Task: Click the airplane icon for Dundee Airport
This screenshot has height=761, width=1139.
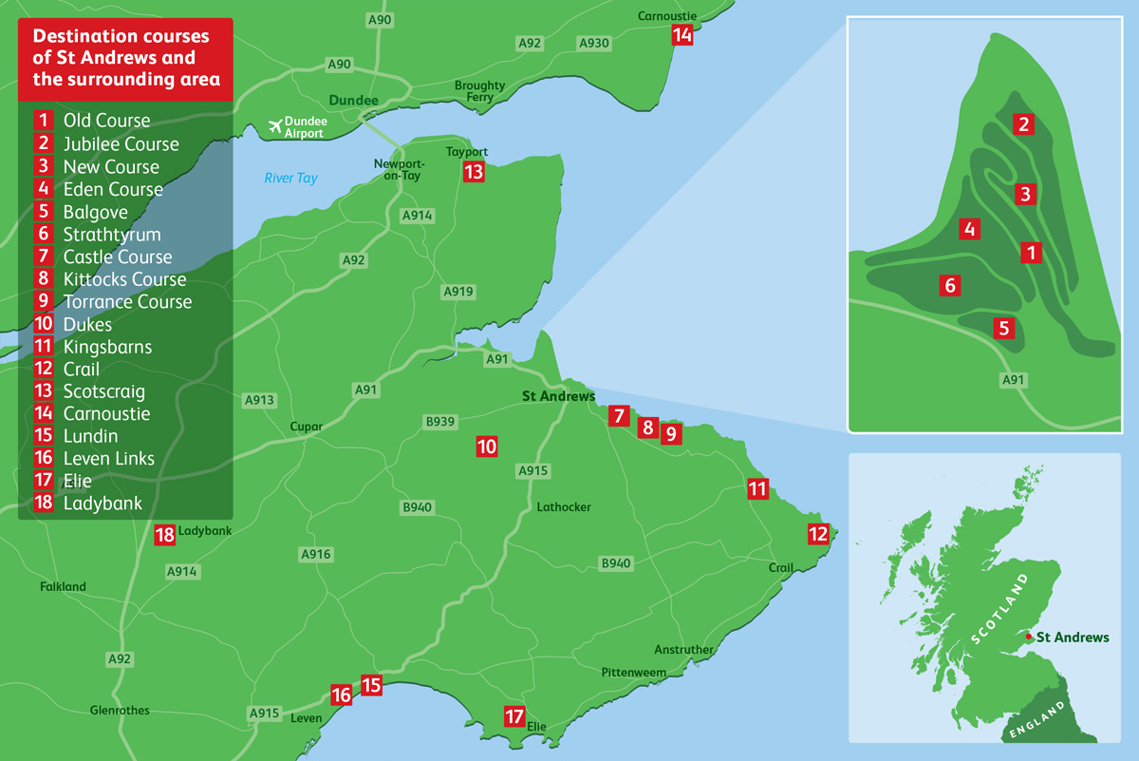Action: pos(275,124)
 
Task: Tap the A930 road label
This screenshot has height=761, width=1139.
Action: pos(594,43)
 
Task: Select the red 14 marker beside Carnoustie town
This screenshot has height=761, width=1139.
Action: pos(682,35)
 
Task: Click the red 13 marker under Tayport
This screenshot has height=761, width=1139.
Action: pos(474,172)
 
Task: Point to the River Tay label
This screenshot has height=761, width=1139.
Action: pos(291,178)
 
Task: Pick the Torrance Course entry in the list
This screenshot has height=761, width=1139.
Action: pos(127,302)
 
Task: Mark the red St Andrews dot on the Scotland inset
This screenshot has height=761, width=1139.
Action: pos(1030,636)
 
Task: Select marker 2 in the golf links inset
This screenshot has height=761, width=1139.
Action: pos(1022,124)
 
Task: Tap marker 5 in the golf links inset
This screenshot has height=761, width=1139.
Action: pos(1003,329)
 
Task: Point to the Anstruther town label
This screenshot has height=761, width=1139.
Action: pos(683,650)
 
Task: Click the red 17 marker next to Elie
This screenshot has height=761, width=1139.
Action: pos(514,717)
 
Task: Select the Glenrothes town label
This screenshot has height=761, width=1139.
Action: pos(120,710)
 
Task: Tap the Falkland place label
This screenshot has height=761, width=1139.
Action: pos(63,587)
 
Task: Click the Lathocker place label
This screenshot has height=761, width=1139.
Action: pos(563,507)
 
